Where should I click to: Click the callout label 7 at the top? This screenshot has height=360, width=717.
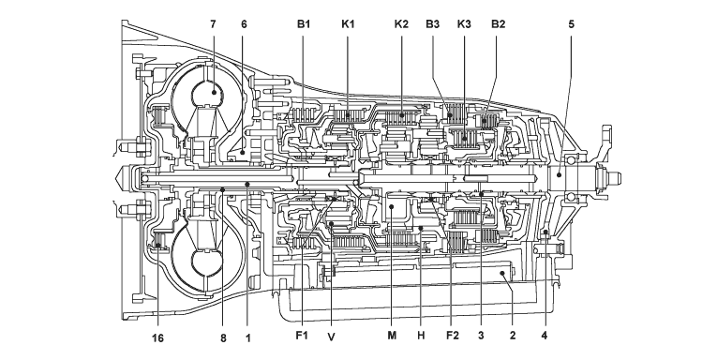(213, 23)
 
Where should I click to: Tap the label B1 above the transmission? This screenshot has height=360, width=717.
(304, 23)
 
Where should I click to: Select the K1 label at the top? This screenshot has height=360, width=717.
(348, 23)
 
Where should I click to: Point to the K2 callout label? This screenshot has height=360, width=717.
(401, 23)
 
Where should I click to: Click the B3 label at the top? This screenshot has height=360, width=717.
(433, 23)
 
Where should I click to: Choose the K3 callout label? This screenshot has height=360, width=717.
(464, 23)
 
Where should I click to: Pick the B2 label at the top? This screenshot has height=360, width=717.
(498, 23)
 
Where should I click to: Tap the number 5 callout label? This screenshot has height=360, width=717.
(571, 23)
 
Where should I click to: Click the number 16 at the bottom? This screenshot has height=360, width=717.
(157, 338)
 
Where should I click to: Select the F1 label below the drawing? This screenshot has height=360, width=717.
(302, 336)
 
